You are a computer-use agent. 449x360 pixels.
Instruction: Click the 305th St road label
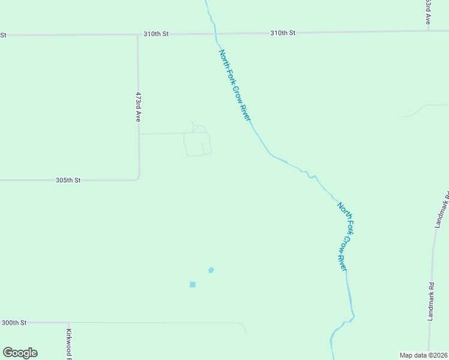[x=68, y=180]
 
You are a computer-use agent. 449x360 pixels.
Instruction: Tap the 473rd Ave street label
[x=138, y=107]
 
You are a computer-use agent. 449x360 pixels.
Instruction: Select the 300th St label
[x=14, y=323]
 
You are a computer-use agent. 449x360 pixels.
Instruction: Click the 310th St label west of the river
[x=156, y=34]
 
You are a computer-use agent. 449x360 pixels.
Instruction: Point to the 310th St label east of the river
[x=283, y=33]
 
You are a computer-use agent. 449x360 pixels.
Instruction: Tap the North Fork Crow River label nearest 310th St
[x=234, y=85]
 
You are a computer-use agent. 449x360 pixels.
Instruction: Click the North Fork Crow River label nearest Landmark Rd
[x=343, y=236]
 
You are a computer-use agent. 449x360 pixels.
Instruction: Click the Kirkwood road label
[x=69, y=344]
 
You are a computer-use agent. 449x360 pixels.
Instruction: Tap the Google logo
[x=20, y=353]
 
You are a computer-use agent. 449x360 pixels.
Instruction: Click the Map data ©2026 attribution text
[x=424, y=355]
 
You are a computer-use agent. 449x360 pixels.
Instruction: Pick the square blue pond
[x=193, y=284]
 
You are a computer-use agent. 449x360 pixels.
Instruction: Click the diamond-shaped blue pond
[x=211, y=270]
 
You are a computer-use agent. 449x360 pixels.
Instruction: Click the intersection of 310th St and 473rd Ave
[x=137, y=34]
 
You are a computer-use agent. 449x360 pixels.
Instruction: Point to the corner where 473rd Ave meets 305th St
[x=139, y=178]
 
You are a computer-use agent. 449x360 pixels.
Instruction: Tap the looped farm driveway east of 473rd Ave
[x=197, y=144]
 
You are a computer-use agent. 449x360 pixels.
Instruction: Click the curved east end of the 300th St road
[x=243, y=328]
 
